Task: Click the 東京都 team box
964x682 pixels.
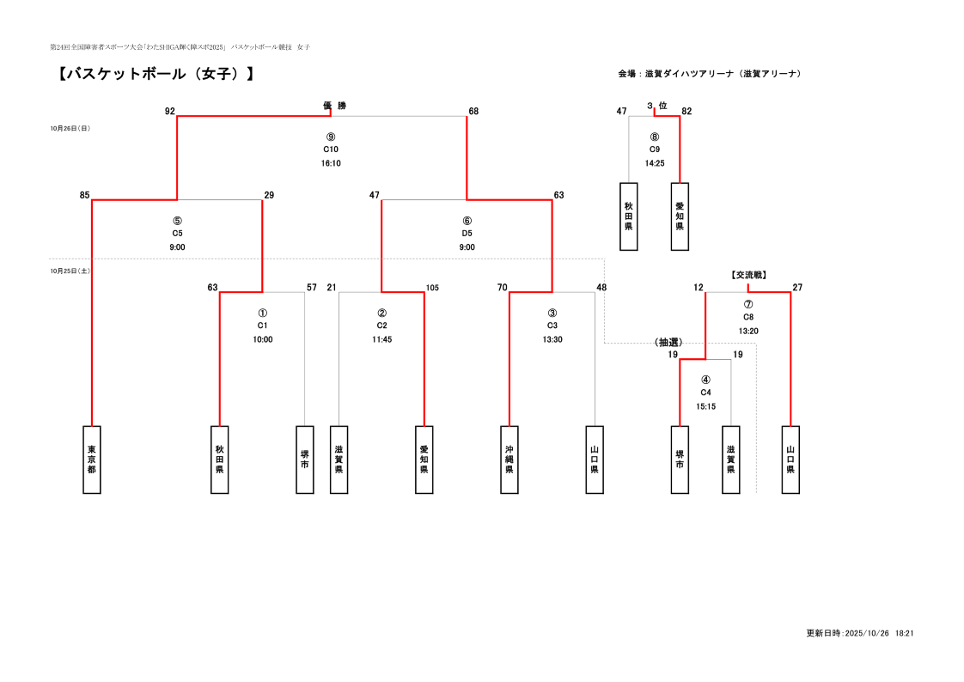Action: [x=91, y=460]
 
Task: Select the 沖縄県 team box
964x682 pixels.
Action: [x=509, y=460]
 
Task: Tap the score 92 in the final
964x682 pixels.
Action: [x=169, y=112]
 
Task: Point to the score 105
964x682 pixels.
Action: [x=432, y=288]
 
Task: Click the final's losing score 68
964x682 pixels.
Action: [x=473, y=112]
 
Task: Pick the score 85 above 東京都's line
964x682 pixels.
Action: [x=84, y=196]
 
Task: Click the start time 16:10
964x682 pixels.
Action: [x=331, y=163]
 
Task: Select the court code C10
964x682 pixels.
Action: [x=331, y=149]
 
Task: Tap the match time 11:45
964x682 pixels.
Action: [x=381, y=339]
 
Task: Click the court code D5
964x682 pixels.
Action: [x=467, y=234]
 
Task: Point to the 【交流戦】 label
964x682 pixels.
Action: [x=748, y=275]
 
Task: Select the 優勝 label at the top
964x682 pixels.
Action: [x=334, y=106]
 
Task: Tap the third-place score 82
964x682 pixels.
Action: [x=686, y=112]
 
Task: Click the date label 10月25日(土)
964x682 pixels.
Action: [x=70, y=271]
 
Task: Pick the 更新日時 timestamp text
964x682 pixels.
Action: [x=859, y=633]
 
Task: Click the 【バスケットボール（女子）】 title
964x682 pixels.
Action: [x=156, y=74]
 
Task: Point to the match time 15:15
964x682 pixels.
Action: [x=705, y=406]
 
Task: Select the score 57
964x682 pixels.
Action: [x=312, y=288]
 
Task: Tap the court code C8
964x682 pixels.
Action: [x=748, y=317]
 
